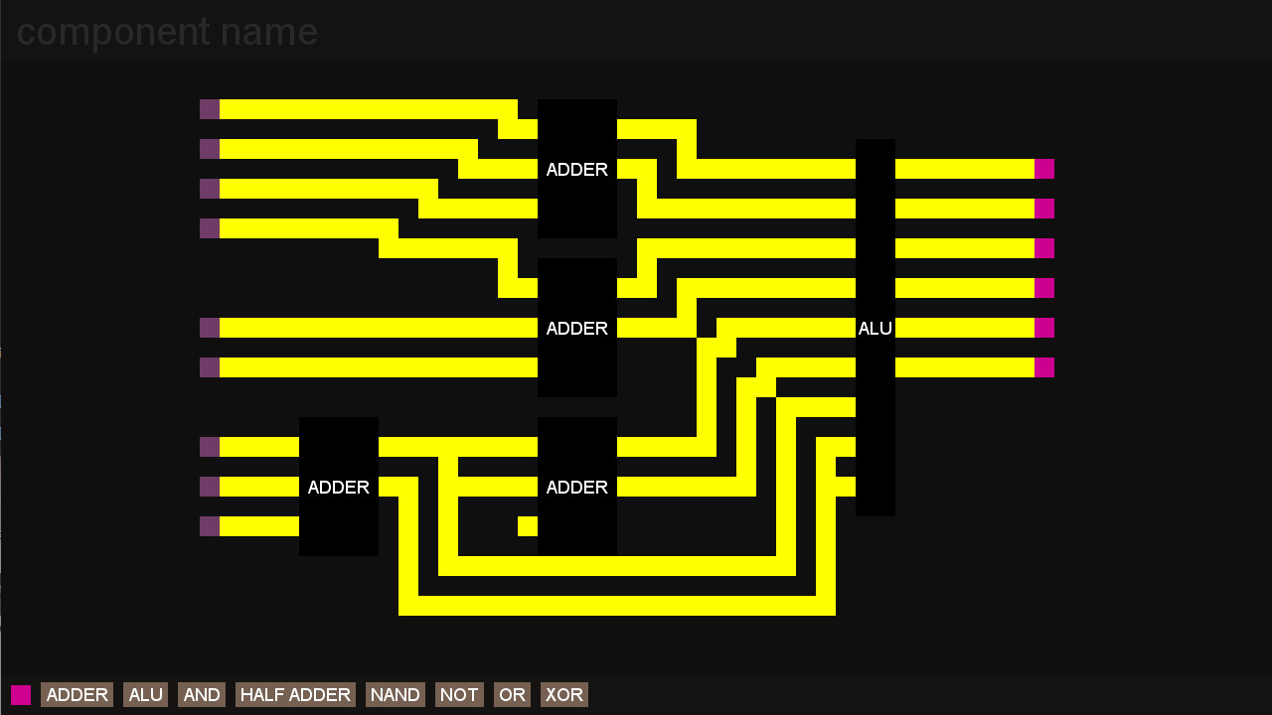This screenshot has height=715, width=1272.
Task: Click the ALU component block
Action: point(875,328)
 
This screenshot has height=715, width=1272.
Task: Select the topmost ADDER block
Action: point(577,169)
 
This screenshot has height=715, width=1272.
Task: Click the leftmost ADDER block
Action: point(339,487)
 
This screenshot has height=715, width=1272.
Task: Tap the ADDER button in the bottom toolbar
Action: point(77,694)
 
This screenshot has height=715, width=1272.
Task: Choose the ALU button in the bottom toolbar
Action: point(145,694)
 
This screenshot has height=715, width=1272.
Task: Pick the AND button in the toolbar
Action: point(202,694)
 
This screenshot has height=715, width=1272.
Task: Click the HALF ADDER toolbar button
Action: point(295,694)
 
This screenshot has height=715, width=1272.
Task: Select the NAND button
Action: point(396,694)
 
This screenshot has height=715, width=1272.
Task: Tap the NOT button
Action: point(459,694)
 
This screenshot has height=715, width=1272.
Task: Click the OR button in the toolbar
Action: point(512,694)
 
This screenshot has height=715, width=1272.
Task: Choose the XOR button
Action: point(563,694)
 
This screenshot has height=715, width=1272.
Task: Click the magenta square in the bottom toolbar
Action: point(21,694)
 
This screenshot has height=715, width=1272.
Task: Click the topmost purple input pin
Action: point(210,109)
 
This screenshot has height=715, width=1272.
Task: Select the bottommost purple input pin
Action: point(210,526)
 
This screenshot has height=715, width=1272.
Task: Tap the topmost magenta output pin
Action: point(1044,169)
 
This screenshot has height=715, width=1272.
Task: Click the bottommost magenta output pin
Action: point(1044,367)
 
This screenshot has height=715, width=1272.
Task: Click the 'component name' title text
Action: point(167,32)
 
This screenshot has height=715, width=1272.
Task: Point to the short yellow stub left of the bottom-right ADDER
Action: point(528,526)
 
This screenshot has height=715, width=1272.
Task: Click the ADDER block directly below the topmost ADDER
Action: point(577,328)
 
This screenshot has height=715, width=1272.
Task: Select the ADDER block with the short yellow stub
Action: point(577,487)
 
